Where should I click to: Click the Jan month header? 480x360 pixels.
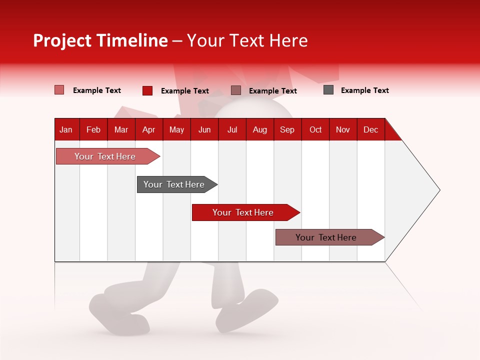coord(66,129)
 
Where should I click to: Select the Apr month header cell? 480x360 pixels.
coord(148,129)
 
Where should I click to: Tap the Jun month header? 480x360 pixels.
coord(204,129)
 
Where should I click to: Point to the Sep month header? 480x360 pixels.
coord(287,129)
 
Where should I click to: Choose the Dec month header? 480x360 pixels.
coord(370,129)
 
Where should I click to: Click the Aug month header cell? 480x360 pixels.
coord(259,129)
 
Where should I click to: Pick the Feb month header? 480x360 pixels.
coord(93,129)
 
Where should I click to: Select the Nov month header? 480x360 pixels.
coord(342,129)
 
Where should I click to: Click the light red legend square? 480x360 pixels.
coord(59,90)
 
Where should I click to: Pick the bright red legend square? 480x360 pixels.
coord(147,90)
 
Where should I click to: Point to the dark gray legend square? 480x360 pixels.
coord(328,90)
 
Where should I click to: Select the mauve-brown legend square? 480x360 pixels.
coord(236,90)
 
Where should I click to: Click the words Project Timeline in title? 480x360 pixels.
coord(100,40)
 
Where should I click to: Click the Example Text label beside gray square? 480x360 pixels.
coord(364,90)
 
